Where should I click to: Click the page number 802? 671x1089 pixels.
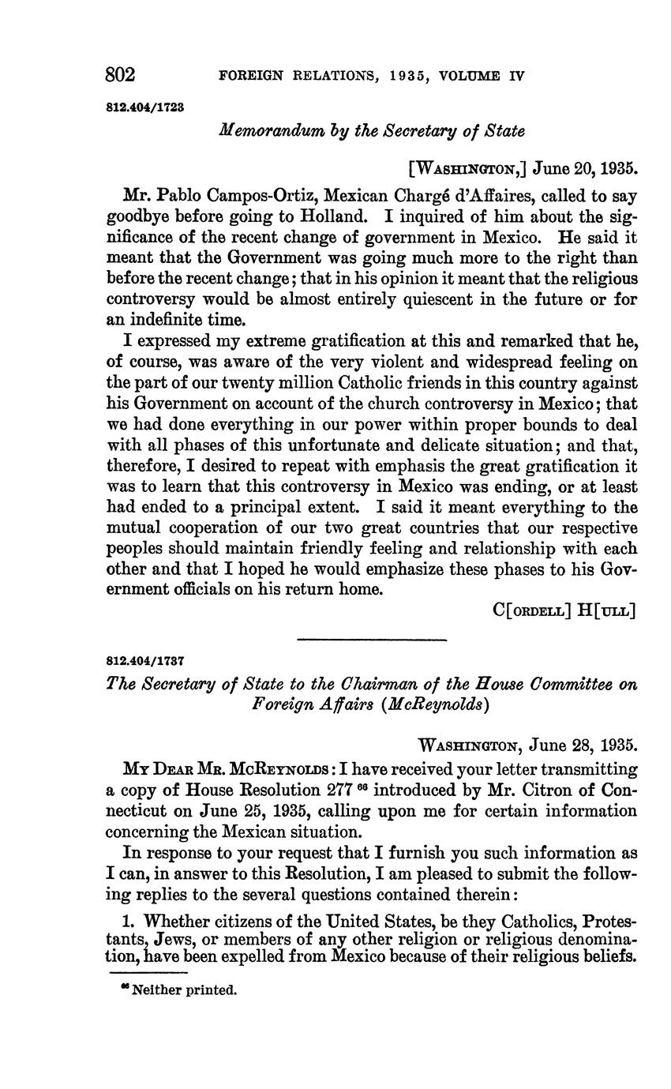[121, 75]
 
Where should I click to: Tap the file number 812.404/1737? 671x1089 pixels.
[144, 659]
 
